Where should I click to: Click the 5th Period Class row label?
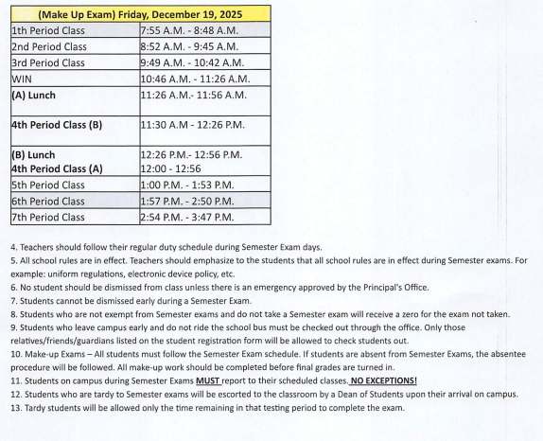tap(48, 185)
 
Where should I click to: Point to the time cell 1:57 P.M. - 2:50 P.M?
tap(187, 202)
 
